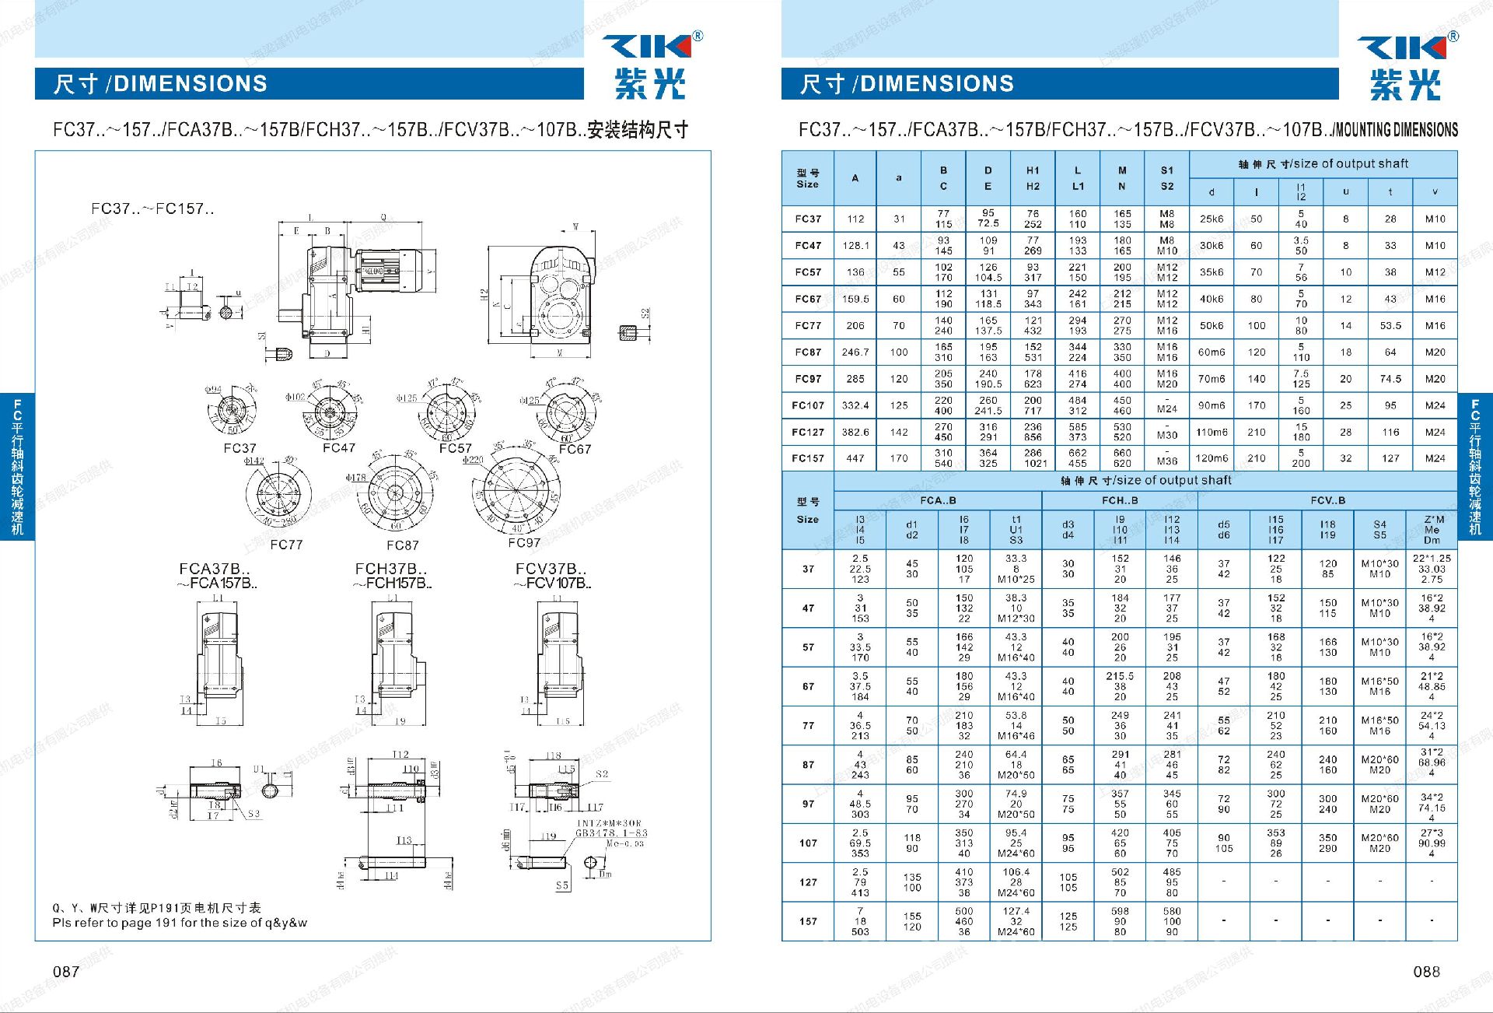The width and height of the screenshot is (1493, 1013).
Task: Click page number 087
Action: [x=66, y=971]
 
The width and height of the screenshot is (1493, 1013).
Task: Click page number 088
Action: [x=1426, y=971]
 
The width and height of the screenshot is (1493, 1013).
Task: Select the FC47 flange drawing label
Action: [x=339, y=448]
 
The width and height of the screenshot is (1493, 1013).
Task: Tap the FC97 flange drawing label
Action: [x=524, y=542]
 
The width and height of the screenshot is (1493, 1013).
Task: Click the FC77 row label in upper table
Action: [x=808, y=326]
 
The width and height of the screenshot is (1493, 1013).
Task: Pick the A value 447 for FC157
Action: [x=855, y=458]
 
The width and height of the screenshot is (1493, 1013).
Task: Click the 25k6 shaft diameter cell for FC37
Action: [x=1212, y=219]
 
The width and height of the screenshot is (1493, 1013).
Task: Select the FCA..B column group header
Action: [x=938, y=500]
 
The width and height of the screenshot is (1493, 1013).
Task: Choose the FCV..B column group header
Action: [x=1327, y=500]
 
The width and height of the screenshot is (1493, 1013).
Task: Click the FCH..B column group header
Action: [x=1120, y=500]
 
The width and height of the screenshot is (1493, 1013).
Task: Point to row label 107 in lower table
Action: [x=808, y=843]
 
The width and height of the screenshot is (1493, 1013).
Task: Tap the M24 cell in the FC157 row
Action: [x=1435, y=458]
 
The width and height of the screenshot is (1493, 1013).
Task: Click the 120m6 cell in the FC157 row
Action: [x=1212, y=458]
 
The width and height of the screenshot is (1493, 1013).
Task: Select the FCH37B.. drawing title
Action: [x=391, y=569]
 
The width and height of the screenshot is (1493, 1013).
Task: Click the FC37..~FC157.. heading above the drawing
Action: [x=152, y=209]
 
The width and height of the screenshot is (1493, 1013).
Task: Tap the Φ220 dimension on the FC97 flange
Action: [x=473, y=460]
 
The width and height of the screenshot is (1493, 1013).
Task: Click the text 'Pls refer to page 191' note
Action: [x=180, y=923]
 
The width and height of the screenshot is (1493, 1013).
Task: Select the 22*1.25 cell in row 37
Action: [x=1432, y=559]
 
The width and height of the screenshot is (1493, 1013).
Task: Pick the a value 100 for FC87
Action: [x=899, y=352]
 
